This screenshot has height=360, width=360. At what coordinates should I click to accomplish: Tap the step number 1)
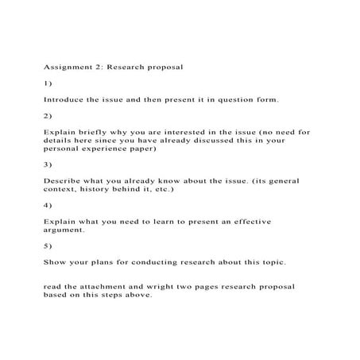pyautogui.click(x=48, y=83)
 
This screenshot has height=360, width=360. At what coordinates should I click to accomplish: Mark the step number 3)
pyautogui.click(x=48, y=165)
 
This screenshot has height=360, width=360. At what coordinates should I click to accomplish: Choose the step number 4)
pyautogui.click(x=48, y=206)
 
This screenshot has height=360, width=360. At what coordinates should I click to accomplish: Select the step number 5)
pyautogui.click(x=48, y=246)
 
